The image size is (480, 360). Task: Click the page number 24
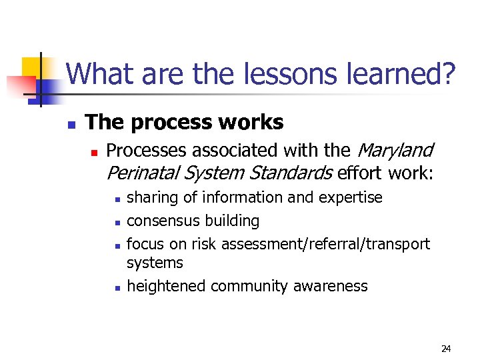(x=446, y=349)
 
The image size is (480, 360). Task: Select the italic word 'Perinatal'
(x=142, y=173)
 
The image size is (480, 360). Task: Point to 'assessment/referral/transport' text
(x=325, y=244)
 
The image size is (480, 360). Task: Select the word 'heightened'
(x=166, y=286)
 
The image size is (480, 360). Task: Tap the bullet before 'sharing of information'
(x=116, y=199)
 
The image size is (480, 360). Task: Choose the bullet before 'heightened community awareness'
(x=116, y=287)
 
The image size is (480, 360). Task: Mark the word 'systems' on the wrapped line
(x=155, y=263)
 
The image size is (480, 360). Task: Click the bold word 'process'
(x=168, y=123)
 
